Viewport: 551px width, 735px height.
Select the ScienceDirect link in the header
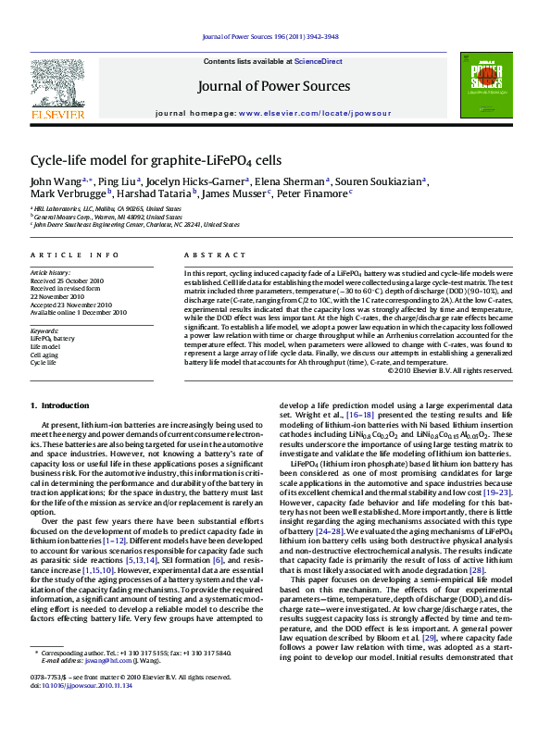[319, 61]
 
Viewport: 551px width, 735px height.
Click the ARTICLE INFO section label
[75, 255]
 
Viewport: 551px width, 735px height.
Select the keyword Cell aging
[45, 355]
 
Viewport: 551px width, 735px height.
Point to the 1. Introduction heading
[61, 406]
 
